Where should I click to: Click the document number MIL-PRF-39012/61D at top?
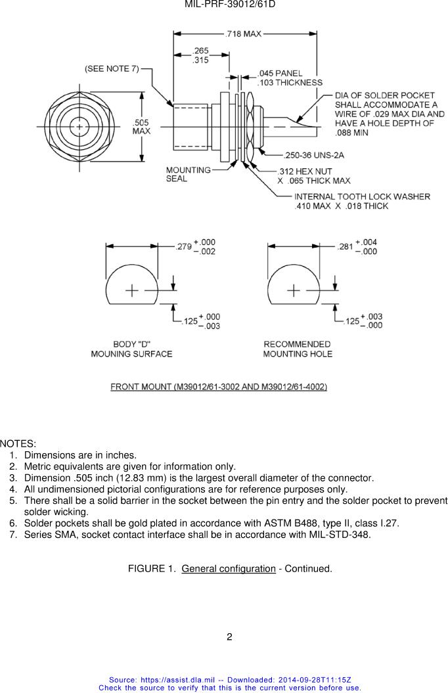(230, 5)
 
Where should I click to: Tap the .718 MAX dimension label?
(244, 34)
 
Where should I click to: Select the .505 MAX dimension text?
(141, 127)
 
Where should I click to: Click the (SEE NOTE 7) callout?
(112, 69)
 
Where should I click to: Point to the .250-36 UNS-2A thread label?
(314, 155)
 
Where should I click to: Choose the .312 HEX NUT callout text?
(305, 171)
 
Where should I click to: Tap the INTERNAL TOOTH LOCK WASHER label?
(363, 196)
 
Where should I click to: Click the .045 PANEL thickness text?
(280, 74)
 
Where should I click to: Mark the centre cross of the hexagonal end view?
(79, 127)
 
